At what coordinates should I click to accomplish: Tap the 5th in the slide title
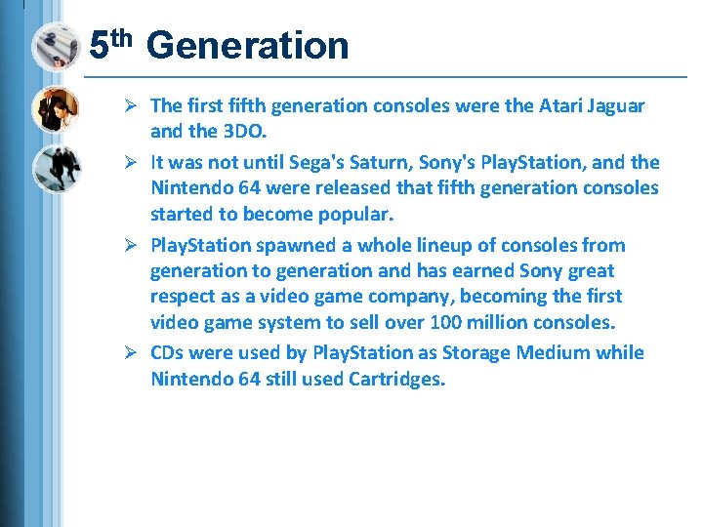tap(110, 44)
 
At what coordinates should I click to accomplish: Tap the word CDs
tap(168, 352)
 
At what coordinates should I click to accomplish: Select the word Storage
tap(476, 352)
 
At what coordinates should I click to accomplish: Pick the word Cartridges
tap(395, 378)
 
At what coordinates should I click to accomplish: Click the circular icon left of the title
tap(55, 47)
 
